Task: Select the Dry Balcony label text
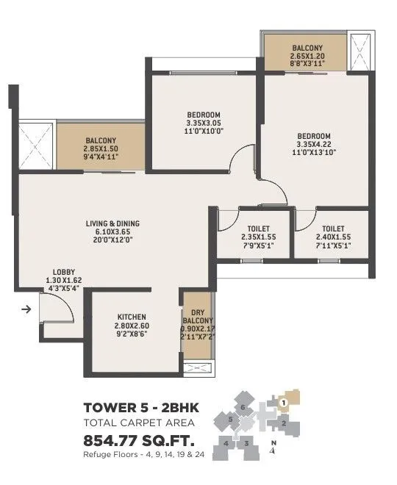(x=198, y=316)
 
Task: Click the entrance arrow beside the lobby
(x=26, y=309)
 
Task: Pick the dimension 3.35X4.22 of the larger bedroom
(x=314, y=144)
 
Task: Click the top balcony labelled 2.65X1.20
(x=307, y=54)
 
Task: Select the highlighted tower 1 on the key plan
(x=283, y=402)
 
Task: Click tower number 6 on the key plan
(x=243, y=406)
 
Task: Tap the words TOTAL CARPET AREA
(x=138, y=423)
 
